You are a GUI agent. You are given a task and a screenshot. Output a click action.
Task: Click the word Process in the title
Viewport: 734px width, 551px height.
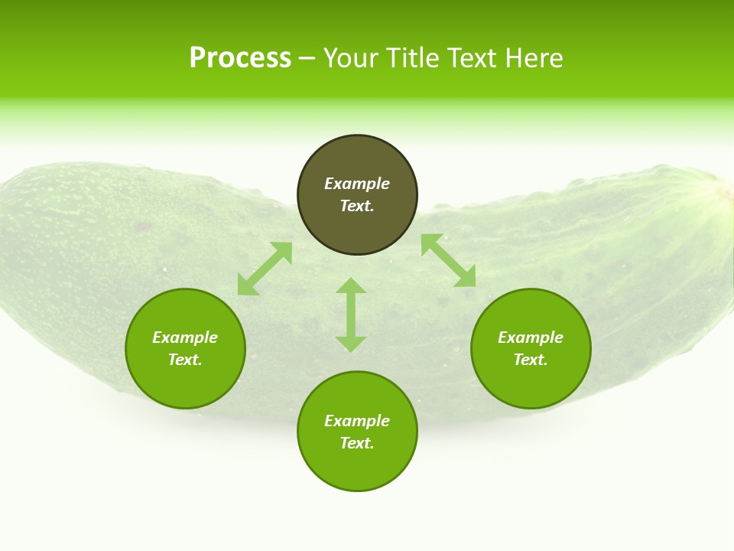pos(240,58)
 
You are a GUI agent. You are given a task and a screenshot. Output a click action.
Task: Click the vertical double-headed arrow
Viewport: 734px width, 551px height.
pos(351,315)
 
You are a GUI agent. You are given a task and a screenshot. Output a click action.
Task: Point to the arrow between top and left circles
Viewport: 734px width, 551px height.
pos(265,269)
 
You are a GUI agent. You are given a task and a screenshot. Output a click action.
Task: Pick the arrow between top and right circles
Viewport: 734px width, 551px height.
pos(448,260)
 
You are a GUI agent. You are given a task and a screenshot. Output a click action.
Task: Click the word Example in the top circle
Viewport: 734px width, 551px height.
pos(357,184)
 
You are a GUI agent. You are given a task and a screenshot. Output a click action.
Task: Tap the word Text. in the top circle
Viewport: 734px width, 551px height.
pos(357,206)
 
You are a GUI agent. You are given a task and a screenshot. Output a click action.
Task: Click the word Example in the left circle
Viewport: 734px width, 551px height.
pos(185,337)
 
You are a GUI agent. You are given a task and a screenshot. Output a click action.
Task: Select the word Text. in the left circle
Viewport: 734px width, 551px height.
pos(185,360)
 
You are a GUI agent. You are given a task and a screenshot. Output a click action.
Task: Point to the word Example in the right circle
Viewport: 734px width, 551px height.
pos(531,337)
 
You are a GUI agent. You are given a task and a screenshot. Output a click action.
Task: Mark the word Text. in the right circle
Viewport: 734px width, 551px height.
pos(531,360)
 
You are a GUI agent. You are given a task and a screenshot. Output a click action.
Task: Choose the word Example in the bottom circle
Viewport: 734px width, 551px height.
pos(357,421)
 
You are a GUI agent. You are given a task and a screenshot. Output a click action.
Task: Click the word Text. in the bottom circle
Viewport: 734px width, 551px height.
pos(357,443)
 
